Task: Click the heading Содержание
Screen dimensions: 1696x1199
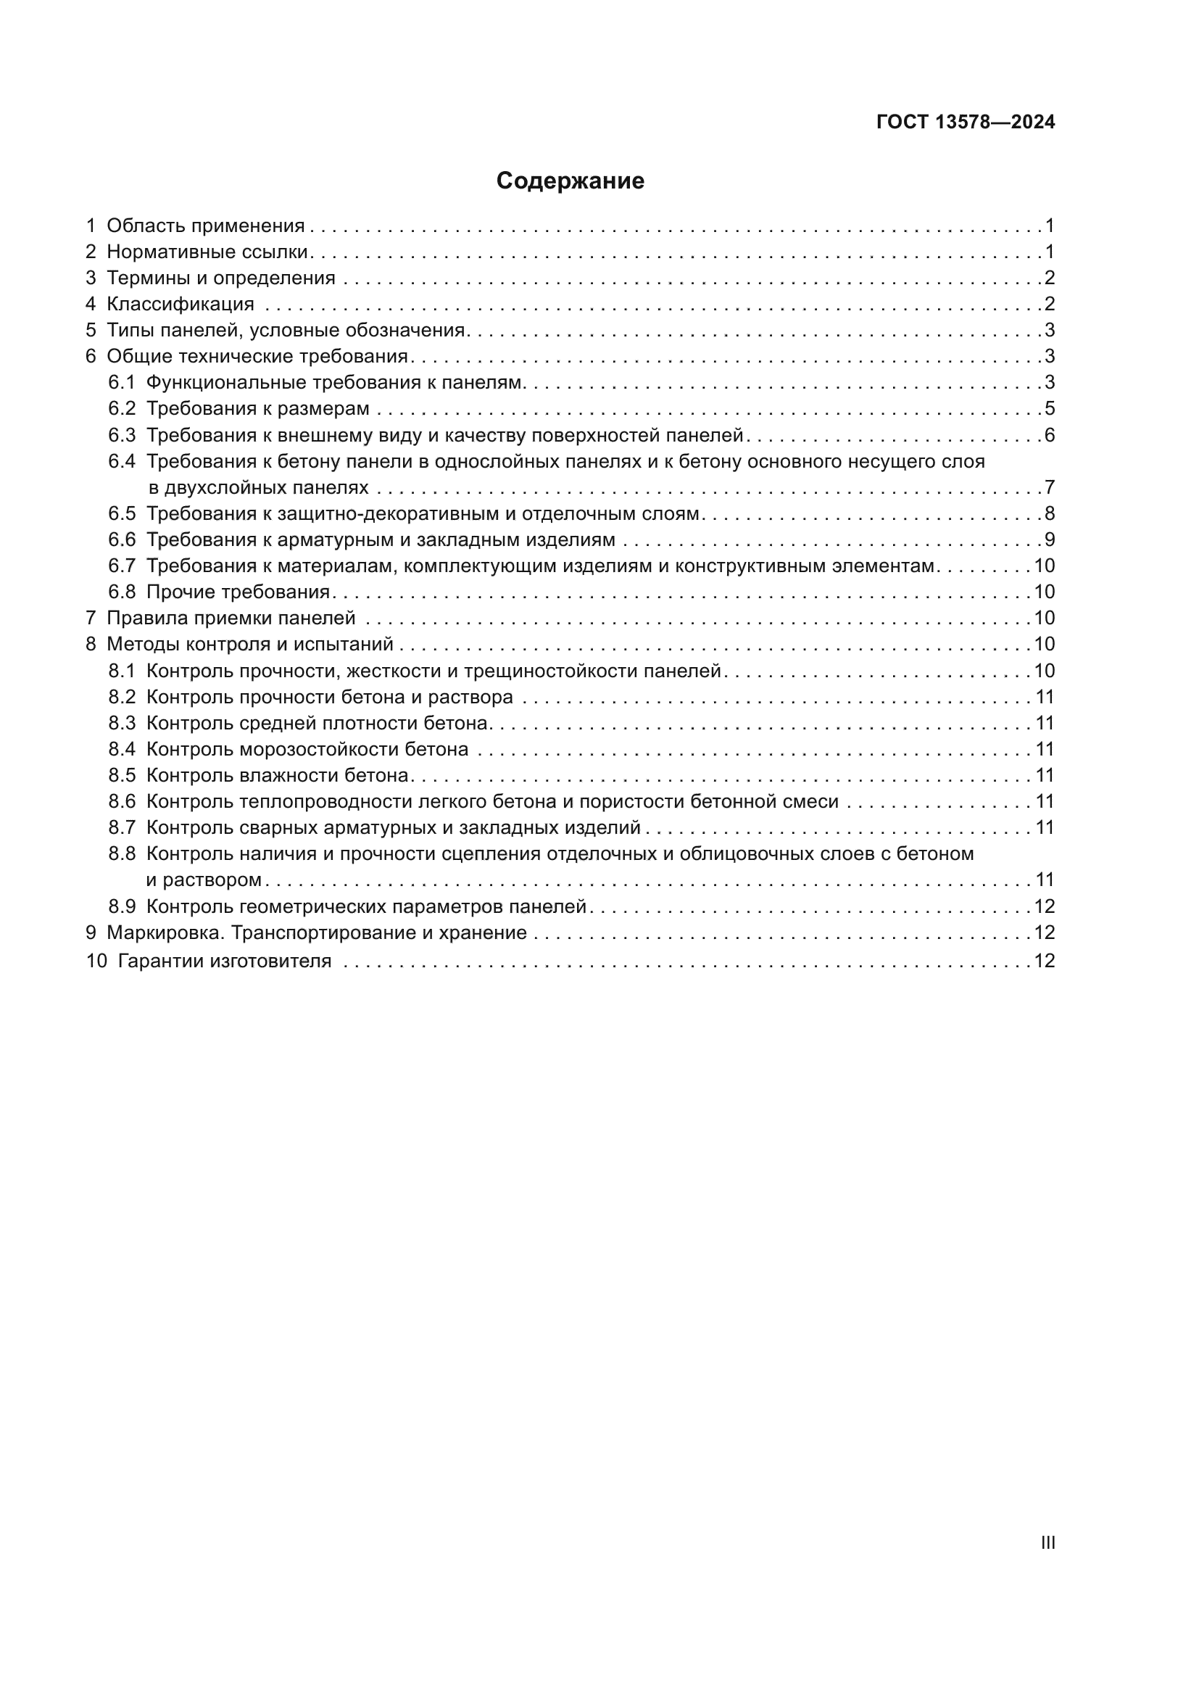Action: tap(570, 181)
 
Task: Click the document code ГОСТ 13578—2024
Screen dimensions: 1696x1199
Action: tap(965, 122)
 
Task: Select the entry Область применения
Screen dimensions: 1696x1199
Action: tap(205, 226)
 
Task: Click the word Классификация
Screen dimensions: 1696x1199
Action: tap(181, 305)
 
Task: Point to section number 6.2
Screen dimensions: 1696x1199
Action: tap(122, 408)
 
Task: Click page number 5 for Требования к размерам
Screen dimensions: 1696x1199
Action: tap(1049, 408)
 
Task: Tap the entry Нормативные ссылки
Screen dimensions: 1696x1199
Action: tap(207, 252)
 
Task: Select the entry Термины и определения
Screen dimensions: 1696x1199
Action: tap(221, 278)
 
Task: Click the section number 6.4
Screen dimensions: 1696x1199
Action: tap(122, 462)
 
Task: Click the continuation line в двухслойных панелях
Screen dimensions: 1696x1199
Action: tap(257, 487)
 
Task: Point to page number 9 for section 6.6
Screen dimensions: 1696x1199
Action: tap(1049, 540)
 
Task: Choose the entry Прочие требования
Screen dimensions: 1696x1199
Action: tap(238, 592)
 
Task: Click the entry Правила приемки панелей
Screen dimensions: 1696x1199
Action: tap(231, 619)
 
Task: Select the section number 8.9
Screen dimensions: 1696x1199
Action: tap(122, 906)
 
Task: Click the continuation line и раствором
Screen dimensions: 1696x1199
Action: tap(204, 880)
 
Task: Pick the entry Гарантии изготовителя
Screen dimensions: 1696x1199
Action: tap(225, 961)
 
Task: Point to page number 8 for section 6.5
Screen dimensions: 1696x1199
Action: tap(1049, 513)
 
